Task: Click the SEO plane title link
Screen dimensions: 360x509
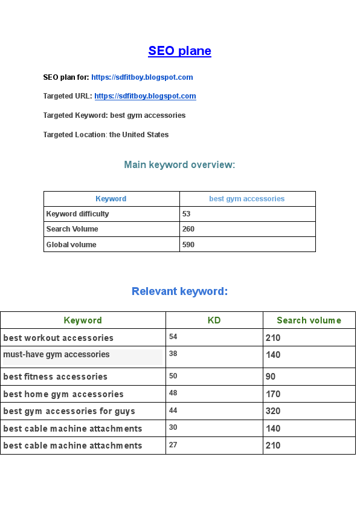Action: [179, 51]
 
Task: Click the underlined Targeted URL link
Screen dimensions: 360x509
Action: [145, 96]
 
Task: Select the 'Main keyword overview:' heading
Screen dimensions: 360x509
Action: [179, 164]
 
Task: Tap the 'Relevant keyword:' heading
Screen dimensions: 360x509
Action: [179, 291]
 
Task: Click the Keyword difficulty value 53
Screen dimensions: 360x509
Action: [187, 214]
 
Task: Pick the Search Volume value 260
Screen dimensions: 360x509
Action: [188, 229]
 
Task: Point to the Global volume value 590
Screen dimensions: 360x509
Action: [188, 245]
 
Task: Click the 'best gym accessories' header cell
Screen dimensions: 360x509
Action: [246, 199]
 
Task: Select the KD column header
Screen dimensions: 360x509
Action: [214, 320]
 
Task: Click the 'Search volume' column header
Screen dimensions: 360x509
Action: [309, 320]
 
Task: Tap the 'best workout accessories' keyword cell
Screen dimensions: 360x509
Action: [58, 338]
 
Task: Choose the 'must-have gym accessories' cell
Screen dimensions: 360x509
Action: [56, 355]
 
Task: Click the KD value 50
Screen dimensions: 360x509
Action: [173, 376]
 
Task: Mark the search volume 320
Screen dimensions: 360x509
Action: [273, 411]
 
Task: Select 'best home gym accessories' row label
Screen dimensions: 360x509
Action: [63, 394]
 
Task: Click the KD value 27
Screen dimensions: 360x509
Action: [173, 445]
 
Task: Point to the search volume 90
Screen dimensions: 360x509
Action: [270, 377]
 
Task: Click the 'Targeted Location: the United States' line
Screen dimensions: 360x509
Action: [106, 135]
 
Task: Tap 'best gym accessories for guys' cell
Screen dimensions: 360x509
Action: [69, 411]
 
